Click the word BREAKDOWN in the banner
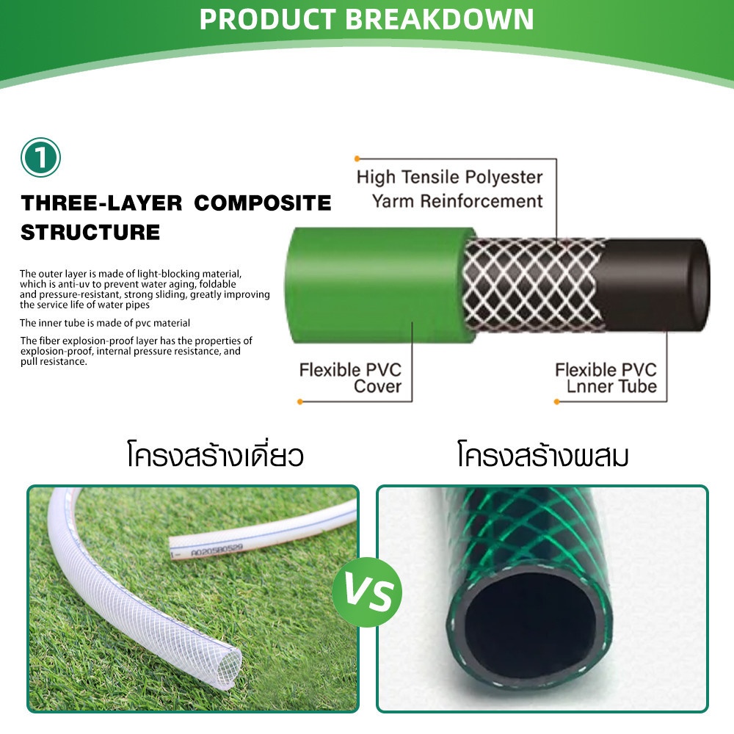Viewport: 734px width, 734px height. pos(440,19)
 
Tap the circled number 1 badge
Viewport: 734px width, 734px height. pos(40,157)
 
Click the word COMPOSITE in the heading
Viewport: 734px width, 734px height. pos(263,203)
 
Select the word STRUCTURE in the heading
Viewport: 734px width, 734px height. pos(90,233)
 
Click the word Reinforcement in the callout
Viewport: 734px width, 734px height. pos(482,201)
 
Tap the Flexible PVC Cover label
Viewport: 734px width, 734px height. pos(350,378)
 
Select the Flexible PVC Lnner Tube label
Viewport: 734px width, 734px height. pos(606,378)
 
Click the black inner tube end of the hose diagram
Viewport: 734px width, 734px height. pos(655,285)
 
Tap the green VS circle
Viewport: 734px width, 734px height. pos(368,592)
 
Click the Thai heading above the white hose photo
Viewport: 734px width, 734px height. pos(215,454)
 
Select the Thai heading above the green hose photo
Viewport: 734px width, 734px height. pos(543,454)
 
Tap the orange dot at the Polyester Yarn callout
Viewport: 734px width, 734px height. pos(357,159)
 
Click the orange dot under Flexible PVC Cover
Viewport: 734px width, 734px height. pos(300,401)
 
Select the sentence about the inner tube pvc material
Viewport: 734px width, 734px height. pos(105,323)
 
